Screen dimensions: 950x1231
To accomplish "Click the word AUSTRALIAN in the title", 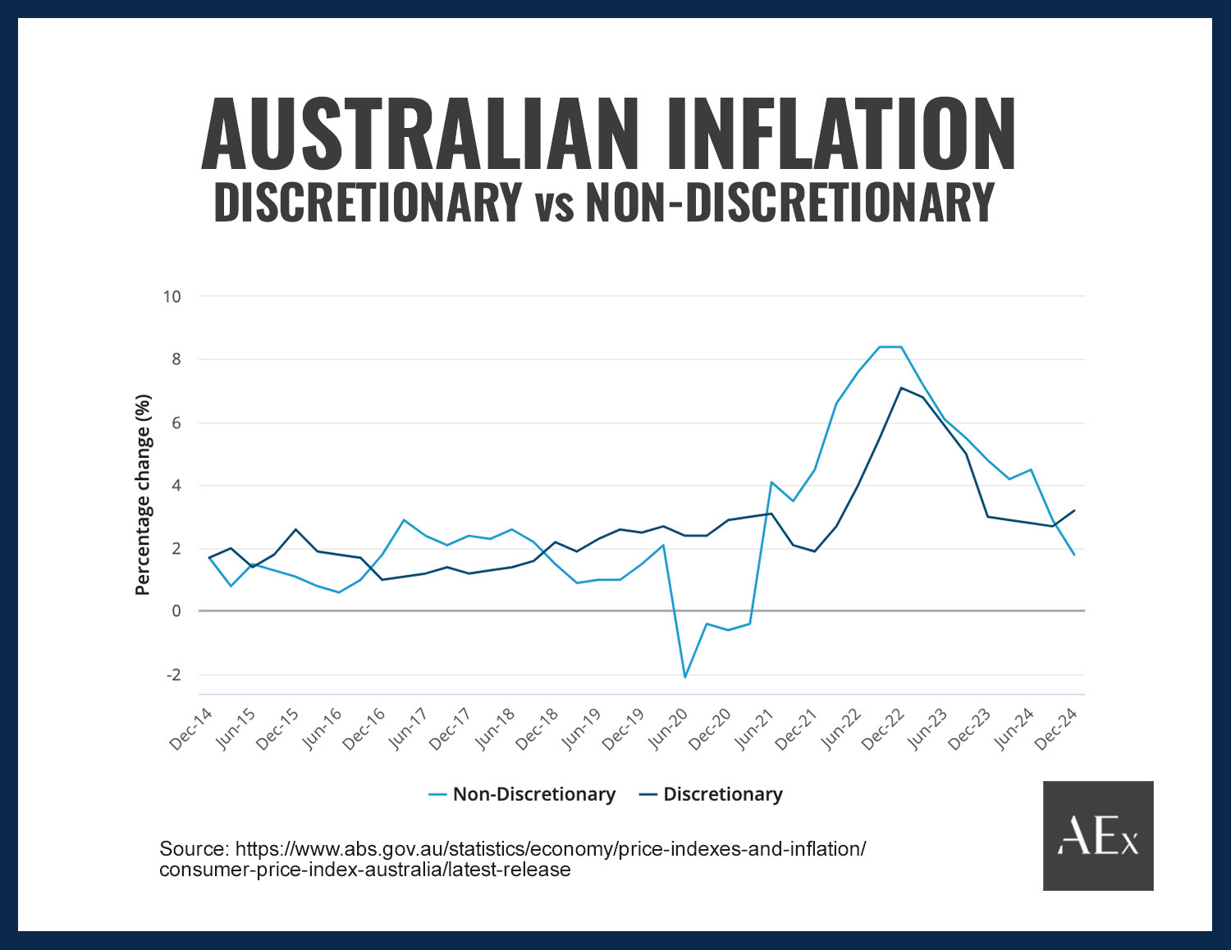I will [419, 134].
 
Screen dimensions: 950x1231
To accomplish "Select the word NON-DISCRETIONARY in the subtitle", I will [789, 202].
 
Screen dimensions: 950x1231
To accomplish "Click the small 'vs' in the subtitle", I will [554, 205].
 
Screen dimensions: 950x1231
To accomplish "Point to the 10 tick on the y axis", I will [172, 296].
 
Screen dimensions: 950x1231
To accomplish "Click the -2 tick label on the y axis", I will [173, 675].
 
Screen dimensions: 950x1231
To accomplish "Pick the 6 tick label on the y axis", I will [176, 423].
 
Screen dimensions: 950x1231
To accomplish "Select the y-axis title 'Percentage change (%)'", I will [143, 495].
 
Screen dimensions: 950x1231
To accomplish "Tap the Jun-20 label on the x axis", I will [668, 728].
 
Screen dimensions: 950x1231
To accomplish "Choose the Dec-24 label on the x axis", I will [1056, 728].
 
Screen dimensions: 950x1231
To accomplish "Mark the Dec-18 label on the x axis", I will [538, 728].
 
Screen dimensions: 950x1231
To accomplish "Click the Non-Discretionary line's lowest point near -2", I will [684, 677].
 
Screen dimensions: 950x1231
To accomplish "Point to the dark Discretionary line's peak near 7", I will [901, 388].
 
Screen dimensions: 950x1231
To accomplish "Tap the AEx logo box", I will [1098, 835].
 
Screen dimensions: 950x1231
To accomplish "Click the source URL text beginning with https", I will [550, 849].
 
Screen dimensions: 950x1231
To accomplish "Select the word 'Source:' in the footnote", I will [194, 849].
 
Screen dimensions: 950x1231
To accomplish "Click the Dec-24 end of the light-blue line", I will [1074, 555].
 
